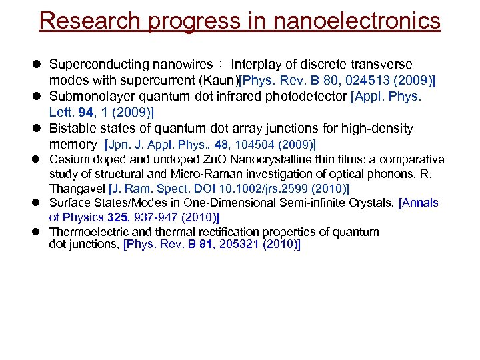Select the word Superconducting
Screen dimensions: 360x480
point(99,65)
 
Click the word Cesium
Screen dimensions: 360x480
point(67,160)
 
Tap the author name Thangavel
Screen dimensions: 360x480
point(77,189)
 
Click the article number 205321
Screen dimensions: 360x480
point(235,245)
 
